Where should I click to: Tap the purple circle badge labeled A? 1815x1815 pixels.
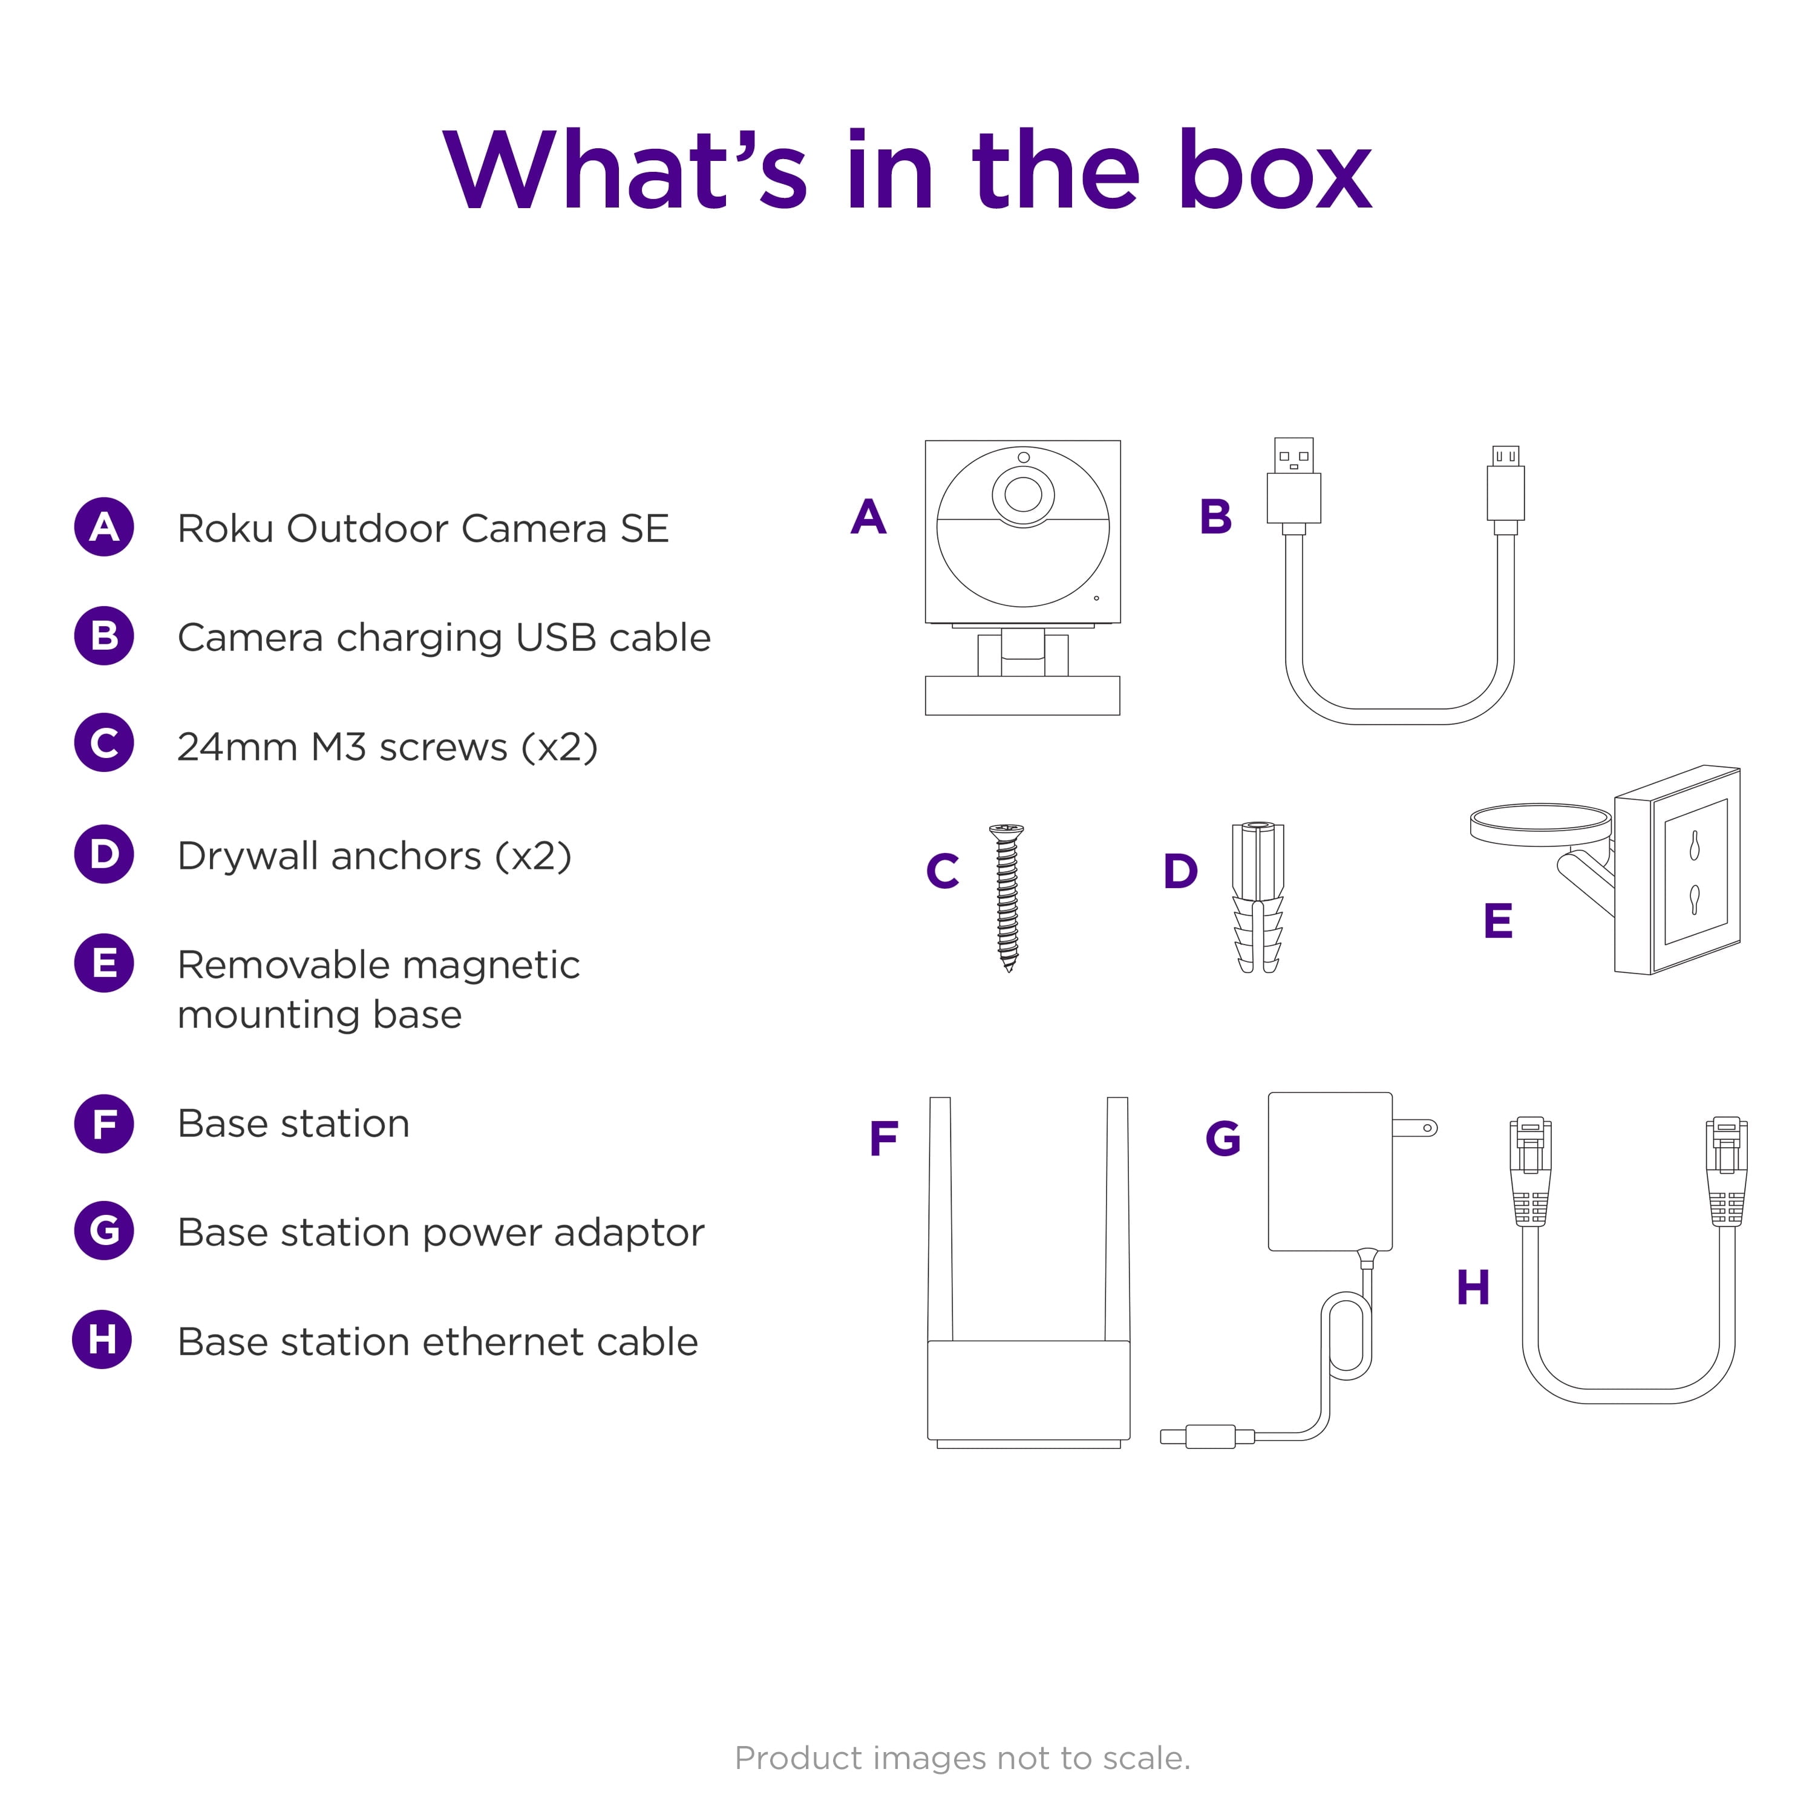104,527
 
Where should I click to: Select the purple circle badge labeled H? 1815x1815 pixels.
102,1339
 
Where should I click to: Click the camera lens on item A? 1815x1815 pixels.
1023,493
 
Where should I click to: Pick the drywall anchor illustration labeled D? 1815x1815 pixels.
1257,897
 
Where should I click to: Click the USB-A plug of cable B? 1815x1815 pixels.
1293,484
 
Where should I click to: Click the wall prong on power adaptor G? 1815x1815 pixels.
1415,1127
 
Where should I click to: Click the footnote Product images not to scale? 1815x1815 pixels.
962,1757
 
